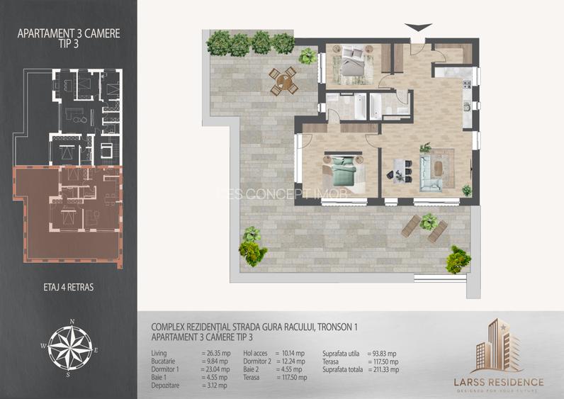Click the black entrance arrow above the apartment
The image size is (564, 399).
[x=419, y=27]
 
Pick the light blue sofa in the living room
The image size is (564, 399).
[x=429, y=171]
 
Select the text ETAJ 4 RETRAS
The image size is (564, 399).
[x=69, y=287]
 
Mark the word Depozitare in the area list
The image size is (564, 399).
[x=167, y=385]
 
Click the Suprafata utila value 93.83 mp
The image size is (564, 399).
[x=383, y=353]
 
